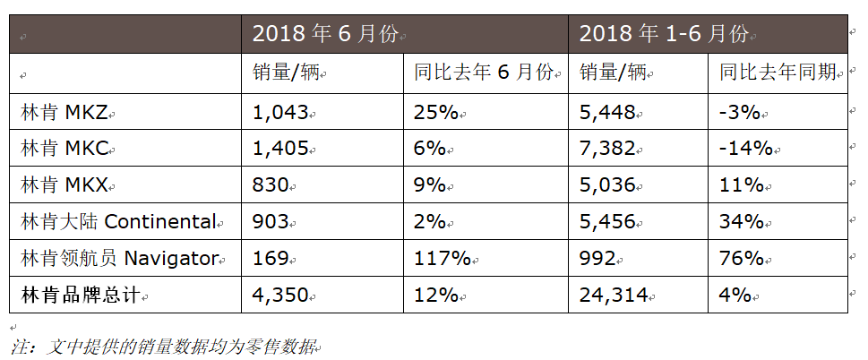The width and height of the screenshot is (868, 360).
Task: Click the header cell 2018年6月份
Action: pyautogui.click(x=328, y=35)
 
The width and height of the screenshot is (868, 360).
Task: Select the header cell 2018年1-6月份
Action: pyautogui.click(x=664, y=35)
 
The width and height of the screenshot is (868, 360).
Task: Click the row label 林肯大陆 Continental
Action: pyautogui.click(x=118, y=222)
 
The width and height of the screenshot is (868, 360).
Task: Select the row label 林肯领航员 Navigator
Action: pyautogui.click(x=119, y=259)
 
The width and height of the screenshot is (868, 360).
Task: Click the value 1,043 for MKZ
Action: pyautogui.click(x=280, y=112)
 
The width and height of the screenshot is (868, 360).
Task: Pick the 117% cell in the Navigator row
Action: pyautogui.click(x=443, y=259)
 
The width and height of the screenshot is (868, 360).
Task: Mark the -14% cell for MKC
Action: pyautogui.click(x=746, y=149)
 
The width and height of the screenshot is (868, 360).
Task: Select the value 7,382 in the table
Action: pyautogui.click(x=607, y=149)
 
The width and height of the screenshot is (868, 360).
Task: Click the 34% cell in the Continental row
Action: pyautogui.click(x=742, y=222)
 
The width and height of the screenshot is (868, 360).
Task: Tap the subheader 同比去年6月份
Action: pyautogui.click(x=484, y=73)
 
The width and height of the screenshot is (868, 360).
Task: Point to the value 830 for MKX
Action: pyautogui.click(x=271, y=185)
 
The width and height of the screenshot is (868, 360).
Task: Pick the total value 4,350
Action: pyautogui.click(x=280, y=295)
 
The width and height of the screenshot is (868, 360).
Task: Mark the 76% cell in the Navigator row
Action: pyautogui.click(x=742, y=259)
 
